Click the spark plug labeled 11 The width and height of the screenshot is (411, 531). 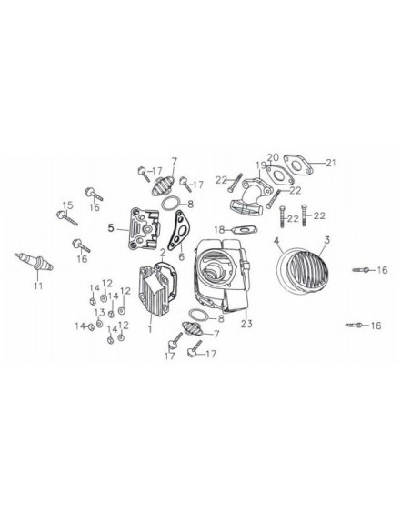tap(35, 263)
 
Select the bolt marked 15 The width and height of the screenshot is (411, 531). tap(72, 217)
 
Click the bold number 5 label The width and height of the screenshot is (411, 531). tap(111, 228)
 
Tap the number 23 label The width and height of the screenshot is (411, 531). tap(245, 323)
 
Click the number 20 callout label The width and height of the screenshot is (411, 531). tap(272, 157)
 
